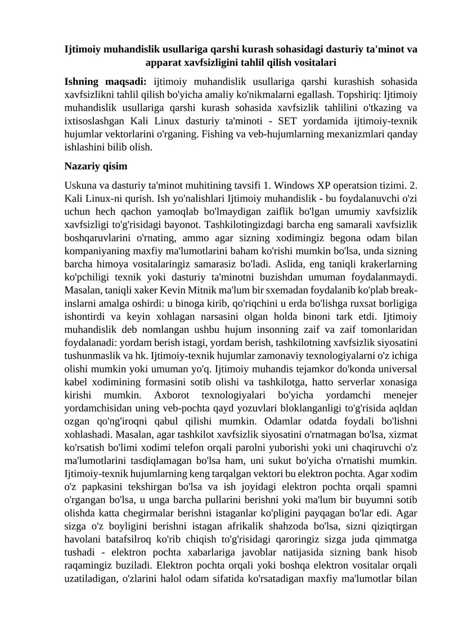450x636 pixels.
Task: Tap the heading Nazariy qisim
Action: click(96, 166)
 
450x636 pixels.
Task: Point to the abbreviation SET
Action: click(254, 121)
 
